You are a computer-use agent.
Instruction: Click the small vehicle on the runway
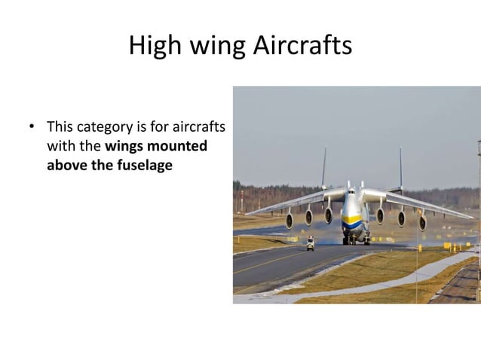[x=310, y=243]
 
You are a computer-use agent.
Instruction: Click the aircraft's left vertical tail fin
[x=324, y=167]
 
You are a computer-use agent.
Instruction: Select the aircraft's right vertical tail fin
[x=400, y=167]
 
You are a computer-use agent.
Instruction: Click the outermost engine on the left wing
[x=289, y=221]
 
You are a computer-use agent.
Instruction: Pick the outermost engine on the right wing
[x=422, y=222]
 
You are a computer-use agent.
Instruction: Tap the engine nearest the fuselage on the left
[x=329, y=215]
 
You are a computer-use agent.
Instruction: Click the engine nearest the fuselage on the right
[x=380, y=216]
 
